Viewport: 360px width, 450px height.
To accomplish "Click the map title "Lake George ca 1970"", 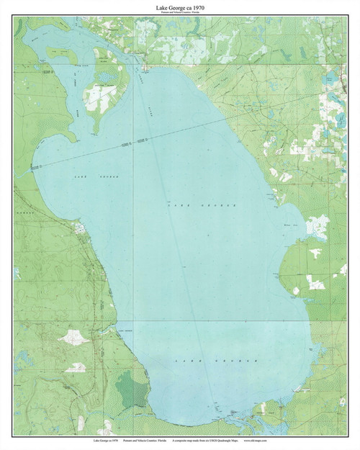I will (179, 6).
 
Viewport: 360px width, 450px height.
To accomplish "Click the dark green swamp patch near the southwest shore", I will (132, 391).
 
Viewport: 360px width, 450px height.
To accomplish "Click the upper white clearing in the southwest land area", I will (74, 337).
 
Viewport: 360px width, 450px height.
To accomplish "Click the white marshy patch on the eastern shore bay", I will (317, 227).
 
